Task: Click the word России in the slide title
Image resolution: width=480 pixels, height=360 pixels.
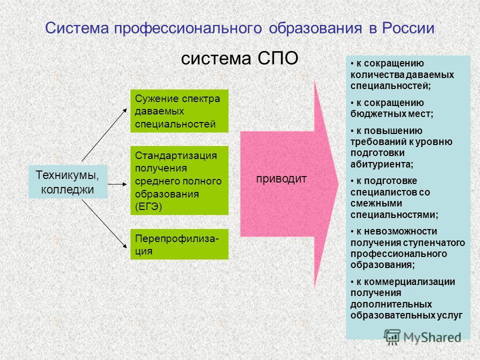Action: click(408, 28)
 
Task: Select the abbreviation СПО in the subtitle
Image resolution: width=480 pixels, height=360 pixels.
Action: click(277, 58)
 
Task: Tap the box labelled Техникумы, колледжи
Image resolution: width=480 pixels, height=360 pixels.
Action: click(68, 182)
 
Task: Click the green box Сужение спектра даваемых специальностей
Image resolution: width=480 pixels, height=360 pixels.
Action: click(179, 111)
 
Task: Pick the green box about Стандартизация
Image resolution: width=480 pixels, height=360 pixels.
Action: click(179, 180)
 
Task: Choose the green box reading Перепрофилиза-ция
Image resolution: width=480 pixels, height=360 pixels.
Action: click(179, 244)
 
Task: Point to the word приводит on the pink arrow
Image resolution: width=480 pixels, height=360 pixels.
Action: click(281, 179)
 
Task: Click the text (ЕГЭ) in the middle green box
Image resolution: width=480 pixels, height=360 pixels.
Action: click(148, 206)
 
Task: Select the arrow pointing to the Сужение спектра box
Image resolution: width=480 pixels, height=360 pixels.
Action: click(104, 134)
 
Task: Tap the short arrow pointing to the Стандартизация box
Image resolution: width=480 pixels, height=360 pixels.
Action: click(117, 184)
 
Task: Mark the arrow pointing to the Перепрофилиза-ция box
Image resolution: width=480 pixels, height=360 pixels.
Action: click(104, 224)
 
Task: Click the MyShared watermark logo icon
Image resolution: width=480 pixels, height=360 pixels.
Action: click(392, 337)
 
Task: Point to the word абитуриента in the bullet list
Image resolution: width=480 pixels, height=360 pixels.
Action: click(381, 164)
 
